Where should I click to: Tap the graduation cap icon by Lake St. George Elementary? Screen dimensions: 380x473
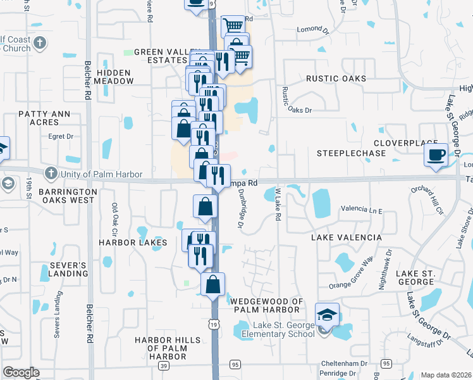[327, 315]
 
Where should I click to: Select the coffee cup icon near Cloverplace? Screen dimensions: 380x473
[436, 155]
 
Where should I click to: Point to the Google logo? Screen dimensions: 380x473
[21, 372]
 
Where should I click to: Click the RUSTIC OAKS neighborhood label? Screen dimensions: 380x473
[336, 79]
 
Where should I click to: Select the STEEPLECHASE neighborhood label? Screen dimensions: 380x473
[351, 153]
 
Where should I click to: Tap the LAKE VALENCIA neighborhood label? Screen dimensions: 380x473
[347, 237]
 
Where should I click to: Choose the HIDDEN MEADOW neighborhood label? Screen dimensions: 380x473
[115, 77]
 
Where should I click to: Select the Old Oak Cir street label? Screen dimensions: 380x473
[114, 216]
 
